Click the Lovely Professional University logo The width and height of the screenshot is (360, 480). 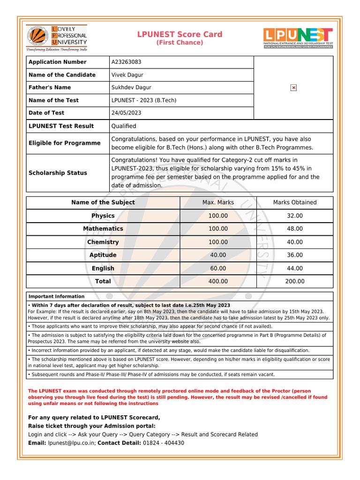click(x=56, y=37)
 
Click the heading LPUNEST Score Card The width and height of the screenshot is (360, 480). click(x=180, y=35)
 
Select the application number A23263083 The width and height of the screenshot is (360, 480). click(x=126, y=62)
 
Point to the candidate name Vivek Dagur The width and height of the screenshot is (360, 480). click(x=127, y=75)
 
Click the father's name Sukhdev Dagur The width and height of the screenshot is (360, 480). click(x=131, y=87)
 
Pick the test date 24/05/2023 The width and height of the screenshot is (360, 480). click(x=126, y=113)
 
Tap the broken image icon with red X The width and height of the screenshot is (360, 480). click(x=293, y=88)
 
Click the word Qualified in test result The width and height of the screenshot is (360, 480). click(x=124, y=126)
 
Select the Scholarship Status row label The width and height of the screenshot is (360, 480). click(x=58, y=173)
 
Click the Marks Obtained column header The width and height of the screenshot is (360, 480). click(x=295, y=202)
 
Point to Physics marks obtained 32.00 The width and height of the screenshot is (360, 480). click(x=295, y=216)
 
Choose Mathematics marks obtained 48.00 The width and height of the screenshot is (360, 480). click(x=295, y=229)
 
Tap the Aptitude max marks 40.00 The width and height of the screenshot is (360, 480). click(x=218, y=255)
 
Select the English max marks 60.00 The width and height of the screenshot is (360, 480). click(x=218, y=268)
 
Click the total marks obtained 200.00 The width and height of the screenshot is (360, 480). click(x=295, y=281)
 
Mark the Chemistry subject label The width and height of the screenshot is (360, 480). click(x=103, y=242)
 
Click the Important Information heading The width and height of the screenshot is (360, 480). click(x=57, y=296)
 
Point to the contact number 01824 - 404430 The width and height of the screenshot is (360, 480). click(x=164, y=443)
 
